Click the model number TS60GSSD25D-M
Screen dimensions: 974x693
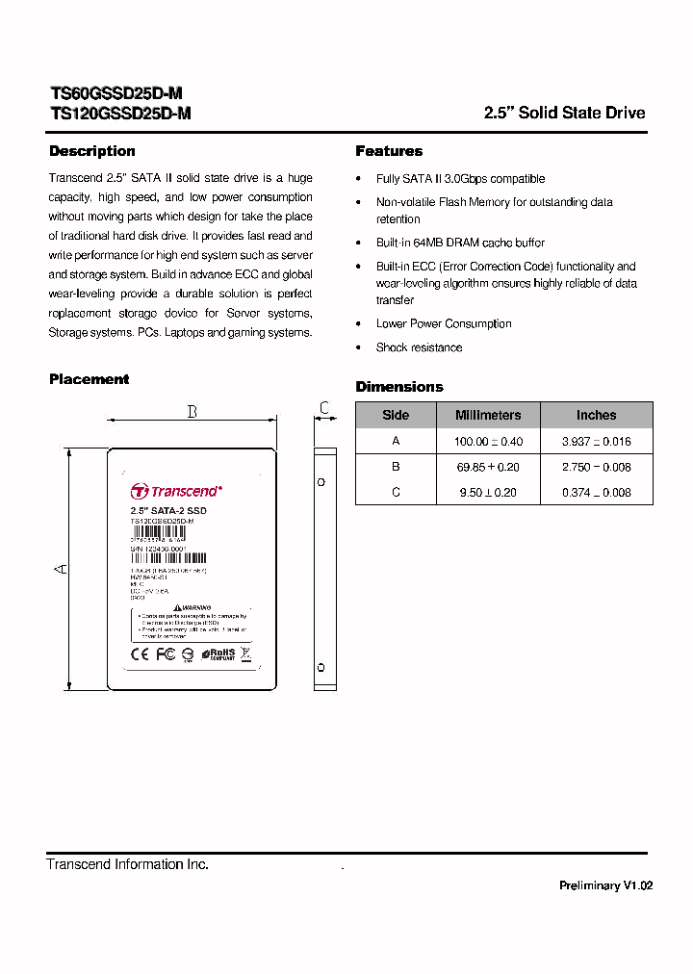click(115, 93)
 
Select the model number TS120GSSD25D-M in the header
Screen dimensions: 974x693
click(120, 113)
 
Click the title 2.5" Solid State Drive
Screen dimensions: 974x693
click(564, 113)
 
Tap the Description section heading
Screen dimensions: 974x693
click(92, 151)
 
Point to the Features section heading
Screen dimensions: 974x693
click(389, 151)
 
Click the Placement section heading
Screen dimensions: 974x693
click(89, 379)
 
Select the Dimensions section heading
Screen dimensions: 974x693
click(399, 387)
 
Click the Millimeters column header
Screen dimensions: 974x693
click(488, 415)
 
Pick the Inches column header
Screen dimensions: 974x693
click(596, 415)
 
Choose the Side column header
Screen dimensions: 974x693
click(396, 415)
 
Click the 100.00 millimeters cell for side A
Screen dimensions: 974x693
click(488, 441)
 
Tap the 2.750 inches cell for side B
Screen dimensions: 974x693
click(596, 467)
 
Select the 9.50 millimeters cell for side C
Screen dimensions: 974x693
click(488, 492)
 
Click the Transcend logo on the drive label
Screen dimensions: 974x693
click(177, 491)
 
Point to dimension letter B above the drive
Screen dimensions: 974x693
click(192, 412)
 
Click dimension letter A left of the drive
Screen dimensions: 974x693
click(60, 570)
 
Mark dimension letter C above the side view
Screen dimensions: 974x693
click(325, 409)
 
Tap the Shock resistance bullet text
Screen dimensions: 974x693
click(419, 347)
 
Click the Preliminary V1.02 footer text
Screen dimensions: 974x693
click(605, 885)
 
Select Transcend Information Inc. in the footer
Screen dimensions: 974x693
click(128, 864)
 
